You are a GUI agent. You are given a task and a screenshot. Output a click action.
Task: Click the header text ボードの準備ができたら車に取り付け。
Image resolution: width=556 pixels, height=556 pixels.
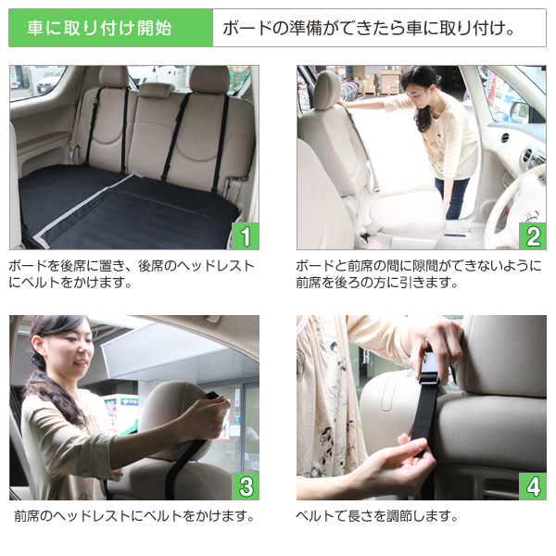pyautogui.click(x=369, y=28)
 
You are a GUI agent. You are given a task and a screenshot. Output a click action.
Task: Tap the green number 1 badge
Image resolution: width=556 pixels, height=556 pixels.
pyautogui.click(x=245, y=235)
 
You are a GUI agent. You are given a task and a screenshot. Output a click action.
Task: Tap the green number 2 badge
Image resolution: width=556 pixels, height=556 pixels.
pyautogui.click(x=532, y=235)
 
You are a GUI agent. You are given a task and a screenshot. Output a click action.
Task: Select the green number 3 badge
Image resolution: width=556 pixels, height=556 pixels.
pyautogui.click(x=245, y=486)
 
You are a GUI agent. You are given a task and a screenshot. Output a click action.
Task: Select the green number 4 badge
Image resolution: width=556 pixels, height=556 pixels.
pyautogui.click(x=532, y=486)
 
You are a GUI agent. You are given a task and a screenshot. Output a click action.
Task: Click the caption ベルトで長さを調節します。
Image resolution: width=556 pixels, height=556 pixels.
pyautogui.click(x=377, y=516)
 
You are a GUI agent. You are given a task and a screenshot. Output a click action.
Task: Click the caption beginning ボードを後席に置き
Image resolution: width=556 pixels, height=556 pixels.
pyautogui.click(x=131, y=273)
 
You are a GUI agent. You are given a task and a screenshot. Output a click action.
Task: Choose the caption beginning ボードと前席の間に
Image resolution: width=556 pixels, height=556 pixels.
pyautogui.click(x=417, y=273)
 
